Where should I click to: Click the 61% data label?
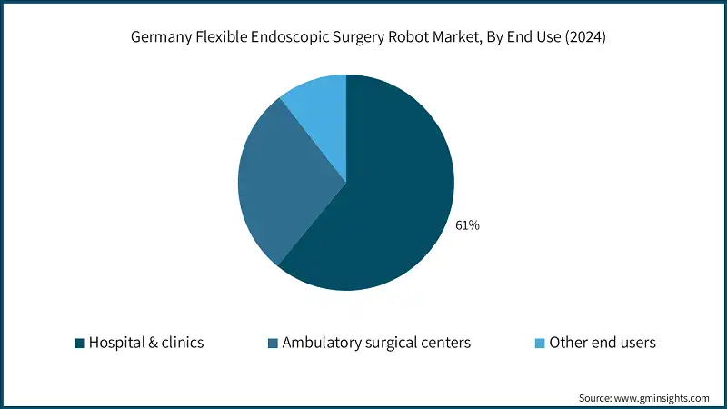(x=467, y=225)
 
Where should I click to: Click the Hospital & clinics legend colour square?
(x=79, y=343)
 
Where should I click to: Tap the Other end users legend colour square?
(x=540, y=343)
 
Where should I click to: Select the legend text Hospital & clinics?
(x=145, y=343)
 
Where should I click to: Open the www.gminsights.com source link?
(x=662, y=398)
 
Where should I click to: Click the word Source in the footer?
(x=596, y=398)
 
